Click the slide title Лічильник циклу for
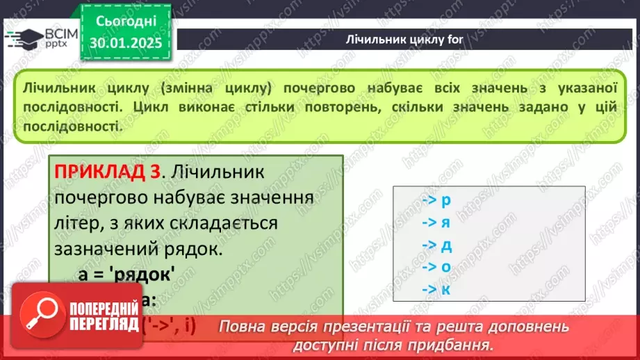404,39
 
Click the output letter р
446,200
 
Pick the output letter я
446,222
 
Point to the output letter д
446,245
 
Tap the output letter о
446,267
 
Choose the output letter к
446,289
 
